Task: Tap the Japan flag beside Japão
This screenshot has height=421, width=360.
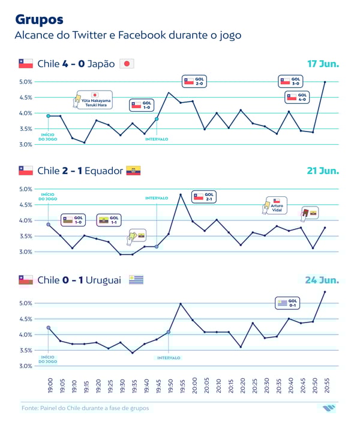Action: pyautogui.click(x=127, y=64)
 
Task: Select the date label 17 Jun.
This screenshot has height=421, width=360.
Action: pyautogui.click(x=323, y=63)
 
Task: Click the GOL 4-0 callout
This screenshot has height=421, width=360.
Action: pyautogui.click(x=296, y=97)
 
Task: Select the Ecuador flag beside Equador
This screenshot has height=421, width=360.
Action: pyautogui.click(x=133, y=171)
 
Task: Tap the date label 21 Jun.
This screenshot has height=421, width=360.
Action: pyautogui.click(x=323, y=171)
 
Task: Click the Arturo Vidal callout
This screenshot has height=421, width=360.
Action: pyautogui.click(x=273, y=205)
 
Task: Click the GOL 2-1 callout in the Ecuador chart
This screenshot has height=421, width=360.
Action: pyautogui.click(x=203, y=196)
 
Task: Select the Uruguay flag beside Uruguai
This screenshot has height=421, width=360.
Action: pyautogui.click(x=136, y=280)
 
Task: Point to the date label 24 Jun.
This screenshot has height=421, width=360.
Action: pyautogui.click(x=323, y=280)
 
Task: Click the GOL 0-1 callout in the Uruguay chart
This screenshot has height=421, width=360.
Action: pyautogui.click(x=287, y=303)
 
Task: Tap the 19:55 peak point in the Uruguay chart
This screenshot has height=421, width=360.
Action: pyautogui.click(x=181, y=304)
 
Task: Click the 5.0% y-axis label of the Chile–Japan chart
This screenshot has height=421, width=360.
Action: pyautogui.click(x=26, y=82)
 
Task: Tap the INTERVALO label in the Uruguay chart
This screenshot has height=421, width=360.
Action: pyautogui.click(x=169, y=358)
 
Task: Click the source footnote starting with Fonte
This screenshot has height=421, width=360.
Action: pyautogui.click(x=85, y=408)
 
